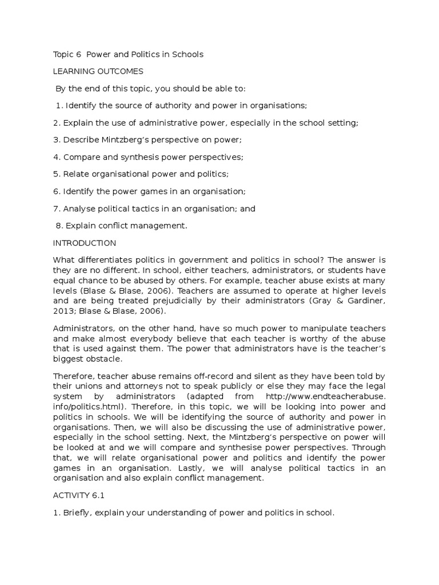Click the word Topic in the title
[63, 55]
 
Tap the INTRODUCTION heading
[85, 243]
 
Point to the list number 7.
[55, 209]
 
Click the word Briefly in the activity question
[77, 512]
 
